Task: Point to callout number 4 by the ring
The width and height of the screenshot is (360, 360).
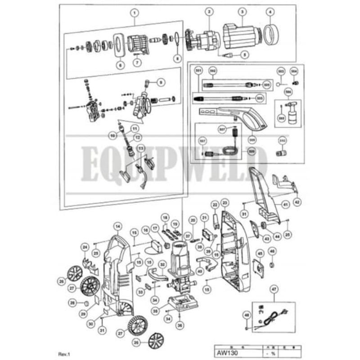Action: point(270,12)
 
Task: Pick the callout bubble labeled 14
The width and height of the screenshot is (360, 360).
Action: point(117,226)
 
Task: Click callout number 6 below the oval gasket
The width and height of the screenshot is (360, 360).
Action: point(120,65)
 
